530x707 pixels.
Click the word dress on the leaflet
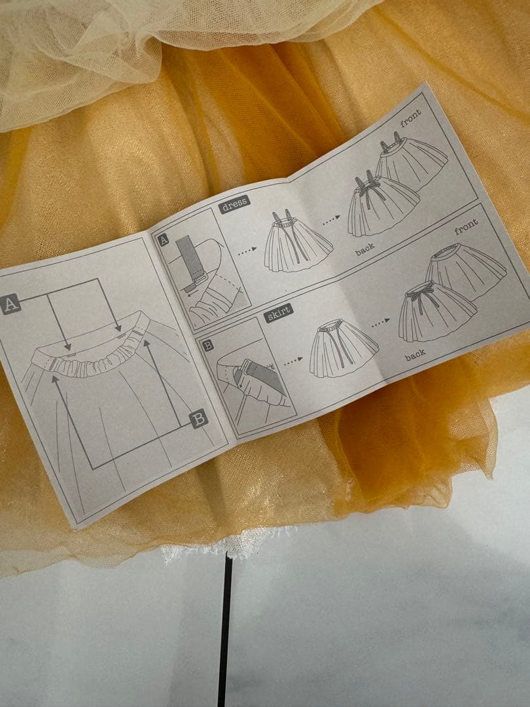tap(234, 204)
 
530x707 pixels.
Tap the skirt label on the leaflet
tap(278, 313)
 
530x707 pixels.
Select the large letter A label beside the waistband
tap(10, 304)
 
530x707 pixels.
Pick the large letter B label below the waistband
tap(199, 419)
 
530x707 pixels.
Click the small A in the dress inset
tap(164, 240)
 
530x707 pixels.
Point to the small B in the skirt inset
tap(207, 346)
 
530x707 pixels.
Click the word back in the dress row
tap(364, 249)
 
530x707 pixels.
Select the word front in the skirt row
tap(466, 227)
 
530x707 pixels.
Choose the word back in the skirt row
tap(415, 356)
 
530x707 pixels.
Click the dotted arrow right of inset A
tap(247, 251)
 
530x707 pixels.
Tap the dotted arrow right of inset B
tap(293, 361)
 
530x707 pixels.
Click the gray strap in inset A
tap(190, 261)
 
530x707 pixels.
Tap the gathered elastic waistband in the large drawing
tap(95, 356)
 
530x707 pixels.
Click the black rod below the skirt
tap(225, 631)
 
